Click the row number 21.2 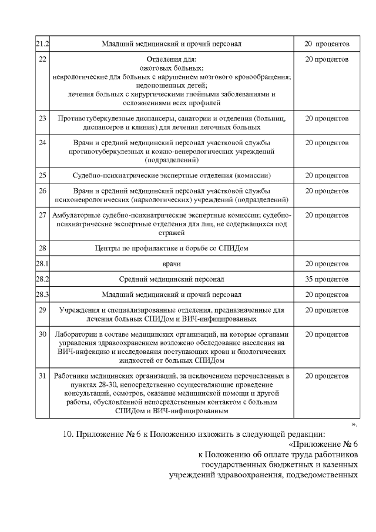coord(41,44)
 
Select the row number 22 coord(41,60)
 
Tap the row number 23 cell coord(41,118)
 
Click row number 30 coord(41,334)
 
